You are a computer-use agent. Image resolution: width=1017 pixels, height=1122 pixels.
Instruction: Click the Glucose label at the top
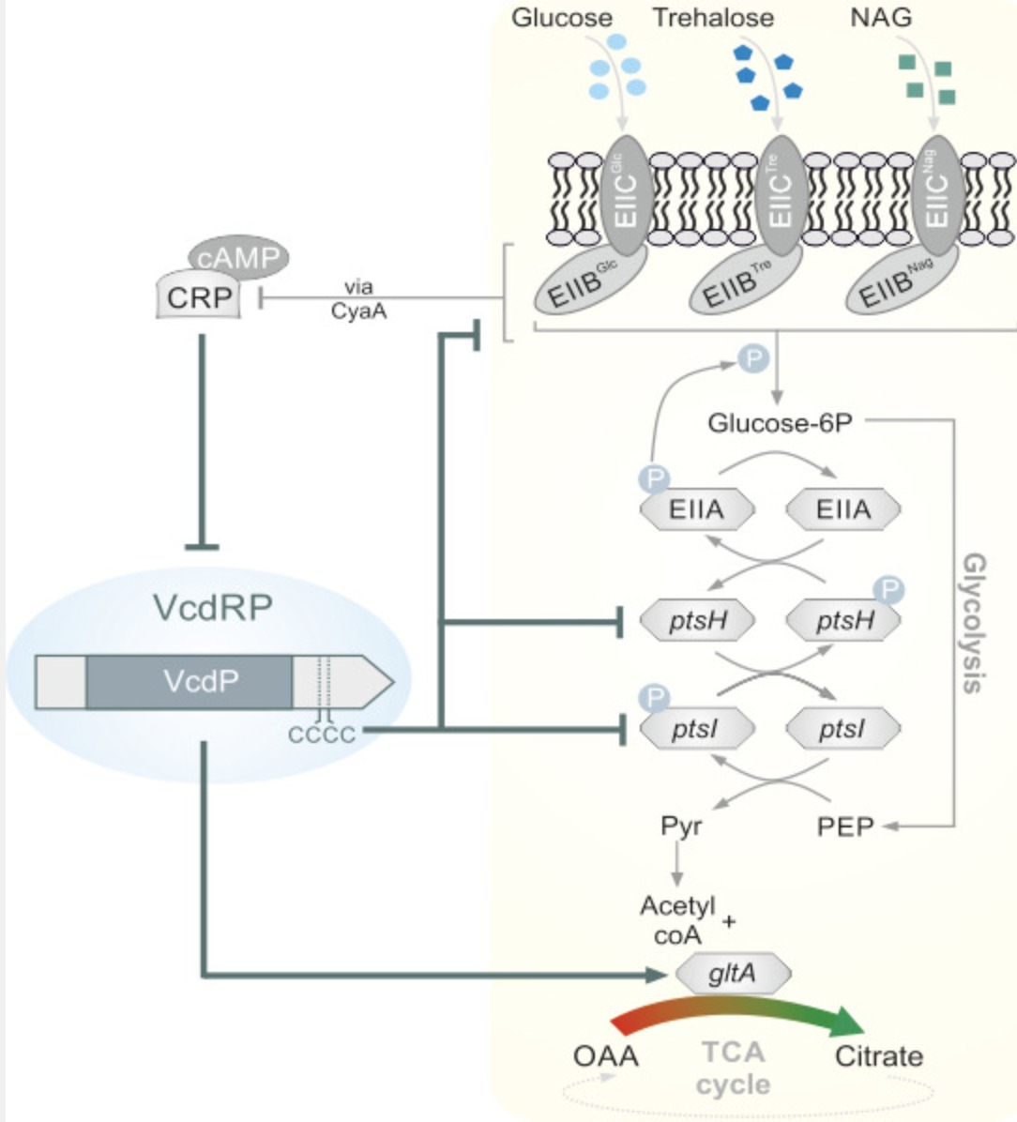tap(561, 18)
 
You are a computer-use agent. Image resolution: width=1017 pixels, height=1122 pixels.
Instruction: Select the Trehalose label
tap(713, 18)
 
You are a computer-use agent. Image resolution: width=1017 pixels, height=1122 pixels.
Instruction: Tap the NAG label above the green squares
tap(880, 18)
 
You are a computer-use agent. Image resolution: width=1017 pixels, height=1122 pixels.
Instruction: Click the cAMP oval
tap(238, 256)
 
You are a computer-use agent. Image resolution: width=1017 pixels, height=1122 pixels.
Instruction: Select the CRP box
tap(198, 297)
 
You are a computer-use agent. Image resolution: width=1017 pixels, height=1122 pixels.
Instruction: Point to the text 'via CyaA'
tap(358, 298)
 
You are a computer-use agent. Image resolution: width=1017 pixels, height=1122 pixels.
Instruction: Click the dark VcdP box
tap(189, 681)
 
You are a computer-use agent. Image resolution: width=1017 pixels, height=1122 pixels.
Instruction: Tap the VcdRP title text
tap(213, 608)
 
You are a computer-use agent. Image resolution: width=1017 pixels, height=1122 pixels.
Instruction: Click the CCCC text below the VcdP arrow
tap(322, 734)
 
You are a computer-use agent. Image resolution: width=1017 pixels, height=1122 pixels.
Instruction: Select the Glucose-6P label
tap(780, 423)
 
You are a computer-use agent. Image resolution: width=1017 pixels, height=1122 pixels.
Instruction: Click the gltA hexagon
tap(733, 974)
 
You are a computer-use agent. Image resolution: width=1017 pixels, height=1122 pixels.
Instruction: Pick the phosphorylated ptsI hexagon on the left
tap(696, 729)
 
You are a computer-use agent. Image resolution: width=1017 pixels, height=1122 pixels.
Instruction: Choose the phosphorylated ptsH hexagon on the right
tap(843, 620)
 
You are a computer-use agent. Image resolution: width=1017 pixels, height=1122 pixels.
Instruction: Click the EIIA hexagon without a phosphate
tap(842, 509)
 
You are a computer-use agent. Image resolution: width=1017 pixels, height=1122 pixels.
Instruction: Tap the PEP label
tap(844, 826)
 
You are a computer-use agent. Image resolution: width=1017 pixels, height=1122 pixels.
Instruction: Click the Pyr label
tap(680, 826)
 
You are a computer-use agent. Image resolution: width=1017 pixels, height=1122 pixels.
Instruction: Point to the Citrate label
tap(878, 1056)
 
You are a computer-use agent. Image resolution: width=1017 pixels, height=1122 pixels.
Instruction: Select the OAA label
tap(605, 1056)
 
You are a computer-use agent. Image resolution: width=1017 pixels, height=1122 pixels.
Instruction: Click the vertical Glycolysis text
tap(974, 623)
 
